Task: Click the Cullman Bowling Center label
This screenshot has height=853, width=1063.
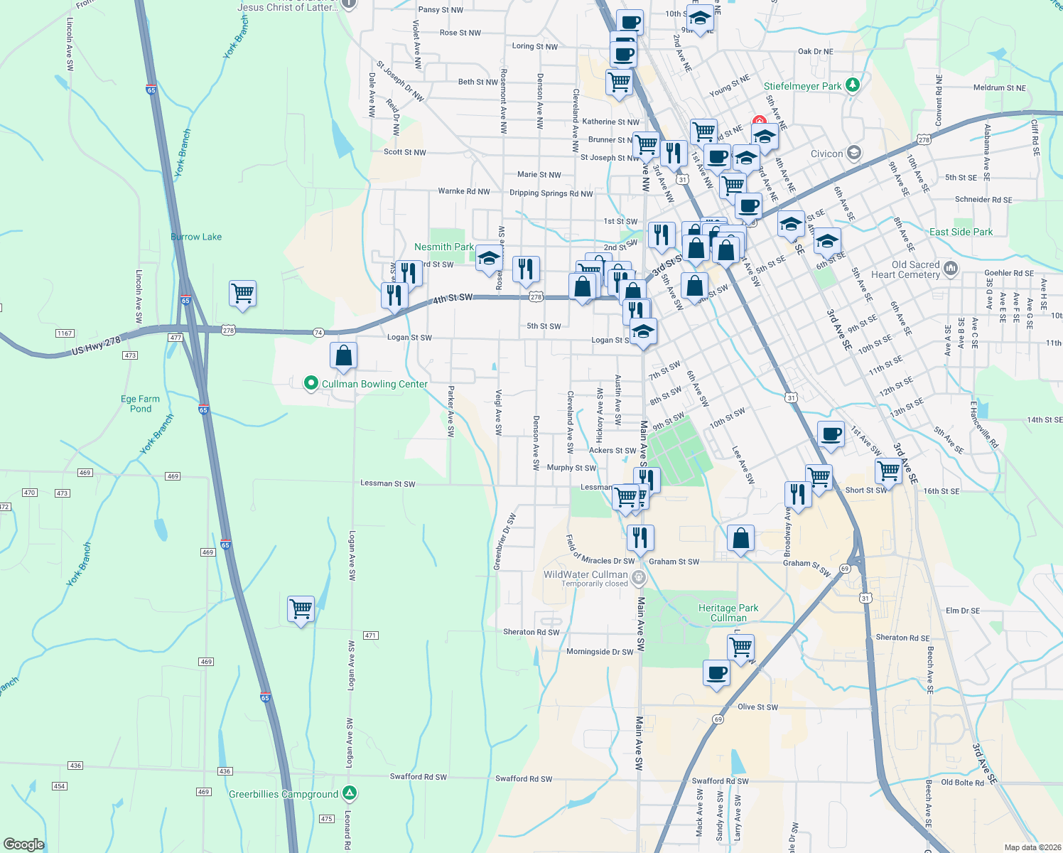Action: pos(374,384)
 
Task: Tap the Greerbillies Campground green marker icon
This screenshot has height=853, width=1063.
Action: pos(349,793)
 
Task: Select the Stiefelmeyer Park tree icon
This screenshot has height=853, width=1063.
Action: pos(853,85)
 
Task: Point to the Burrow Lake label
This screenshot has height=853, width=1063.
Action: pos(196,237)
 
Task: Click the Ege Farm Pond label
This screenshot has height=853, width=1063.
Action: pos(141,404)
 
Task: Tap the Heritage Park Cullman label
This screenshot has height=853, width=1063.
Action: pos(728,613)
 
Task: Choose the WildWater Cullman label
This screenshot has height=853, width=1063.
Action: pos(586,574)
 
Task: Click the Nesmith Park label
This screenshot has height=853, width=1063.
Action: pos(443,247)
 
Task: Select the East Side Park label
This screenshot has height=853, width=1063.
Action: pos(961,232)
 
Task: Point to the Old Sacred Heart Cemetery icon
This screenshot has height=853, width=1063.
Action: pos(951,269)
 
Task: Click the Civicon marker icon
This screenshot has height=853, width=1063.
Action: pos(853,153)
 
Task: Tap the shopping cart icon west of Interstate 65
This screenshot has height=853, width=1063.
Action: pos(242,293)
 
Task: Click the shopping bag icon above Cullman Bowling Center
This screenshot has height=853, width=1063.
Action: pos(343,355)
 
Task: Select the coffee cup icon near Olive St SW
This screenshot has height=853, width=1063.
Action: pos(716,672)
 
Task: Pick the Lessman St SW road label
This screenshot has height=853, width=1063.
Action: pos(387,483)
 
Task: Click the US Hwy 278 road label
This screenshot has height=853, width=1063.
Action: pos(97,346)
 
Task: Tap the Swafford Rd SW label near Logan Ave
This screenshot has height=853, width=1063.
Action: pos(418,777)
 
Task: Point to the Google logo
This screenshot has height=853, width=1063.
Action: pos(24,844)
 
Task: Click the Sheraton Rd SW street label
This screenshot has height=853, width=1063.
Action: pos(531,632)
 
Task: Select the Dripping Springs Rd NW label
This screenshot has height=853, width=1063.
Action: pos(551,193)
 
